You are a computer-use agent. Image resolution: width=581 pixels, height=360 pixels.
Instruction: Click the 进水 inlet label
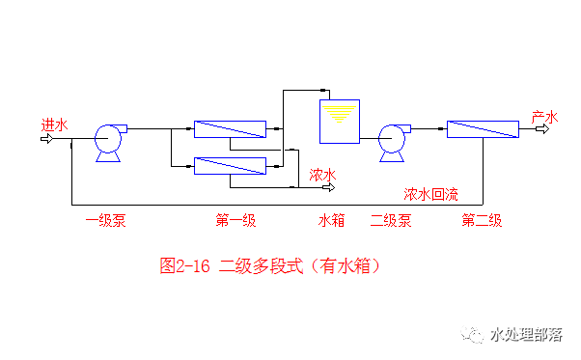[x=54, y=125]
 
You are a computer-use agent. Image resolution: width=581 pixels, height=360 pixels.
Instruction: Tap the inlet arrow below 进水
[x=45, y=138]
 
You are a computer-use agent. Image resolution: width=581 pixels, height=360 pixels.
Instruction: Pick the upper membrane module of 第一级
[x=230, y=128]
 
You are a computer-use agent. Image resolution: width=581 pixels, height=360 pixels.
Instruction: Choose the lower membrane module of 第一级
[x=230, y=166]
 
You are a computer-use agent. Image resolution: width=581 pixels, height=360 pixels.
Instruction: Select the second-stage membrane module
[x=483, y=129]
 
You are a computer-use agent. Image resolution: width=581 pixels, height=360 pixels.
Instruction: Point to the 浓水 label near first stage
[x=322, y=175]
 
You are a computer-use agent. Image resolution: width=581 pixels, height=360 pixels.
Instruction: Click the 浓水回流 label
[x=430, y=193]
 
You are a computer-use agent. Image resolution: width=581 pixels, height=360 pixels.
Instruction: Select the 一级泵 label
[x=106, y=221]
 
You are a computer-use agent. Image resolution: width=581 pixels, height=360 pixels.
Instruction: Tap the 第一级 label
[x=235, y=221]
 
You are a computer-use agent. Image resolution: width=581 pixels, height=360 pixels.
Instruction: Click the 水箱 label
[x=332, y=221]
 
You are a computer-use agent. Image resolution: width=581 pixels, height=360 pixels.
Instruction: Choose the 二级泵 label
[x=391, y=221]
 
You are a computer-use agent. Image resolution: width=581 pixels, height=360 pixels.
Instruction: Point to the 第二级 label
[x=482, y=221]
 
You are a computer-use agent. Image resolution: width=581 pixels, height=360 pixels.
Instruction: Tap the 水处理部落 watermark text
[x=526, y=335]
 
